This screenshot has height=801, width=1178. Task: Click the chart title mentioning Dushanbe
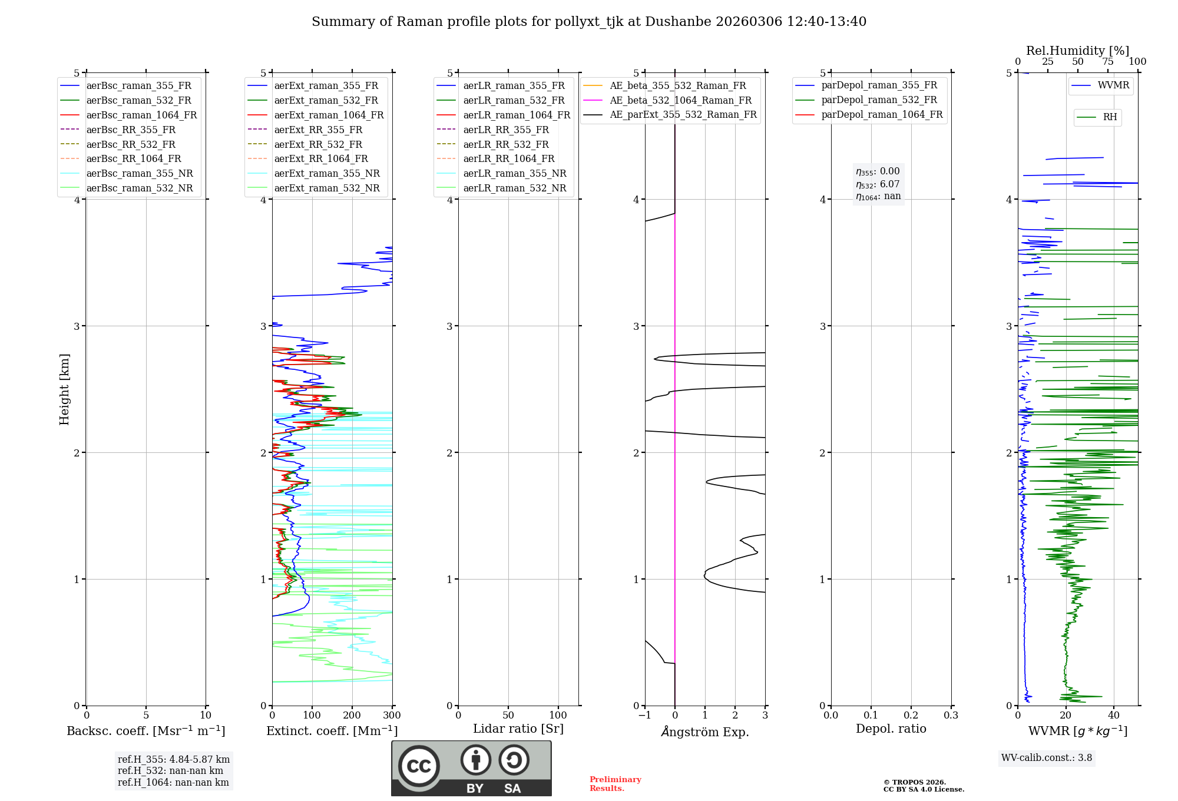tap(589, 22)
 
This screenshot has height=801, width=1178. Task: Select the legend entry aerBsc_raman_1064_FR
tap(141, 115)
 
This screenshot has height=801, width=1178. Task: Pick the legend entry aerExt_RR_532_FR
tap(318, 144)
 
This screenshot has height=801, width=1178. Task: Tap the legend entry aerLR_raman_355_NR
tap(514, 173)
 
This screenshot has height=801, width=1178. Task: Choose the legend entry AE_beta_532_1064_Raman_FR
tap(680, 100)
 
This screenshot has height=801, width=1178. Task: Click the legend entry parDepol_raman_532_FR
tap(879, 100)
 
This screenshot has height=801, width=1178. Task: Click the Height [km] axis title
tap(64, 389)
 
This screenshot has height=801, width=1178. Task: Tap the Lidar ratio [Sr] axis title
tap(518, 729)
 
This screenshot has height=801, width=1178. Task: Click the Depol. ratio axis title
tap(891, 729)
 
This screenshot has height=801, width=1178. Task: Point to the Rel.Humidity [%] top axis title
tap(1077, 51)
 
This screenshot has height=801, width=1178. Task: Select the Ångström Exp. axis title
tap(705, 732)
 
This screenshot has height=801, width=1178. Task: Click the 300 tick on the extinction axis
tap(392, 716)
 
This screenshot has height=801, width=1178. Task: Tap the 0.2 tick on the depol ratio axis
tap(911, 716)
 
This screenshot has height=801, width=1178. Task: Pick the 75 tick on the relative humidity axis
tap(1107, 62)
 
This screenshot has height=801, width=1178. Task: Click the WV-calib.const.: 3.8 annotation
tap(1046, 757)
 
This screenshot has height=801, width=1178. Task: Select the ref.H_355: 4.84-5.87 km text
tap(174, 759)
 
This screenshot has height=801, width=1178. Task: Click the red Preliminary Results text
tap(615, 783)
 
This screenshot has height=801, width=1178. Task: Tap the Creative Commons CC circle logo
tap(419, 766)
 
